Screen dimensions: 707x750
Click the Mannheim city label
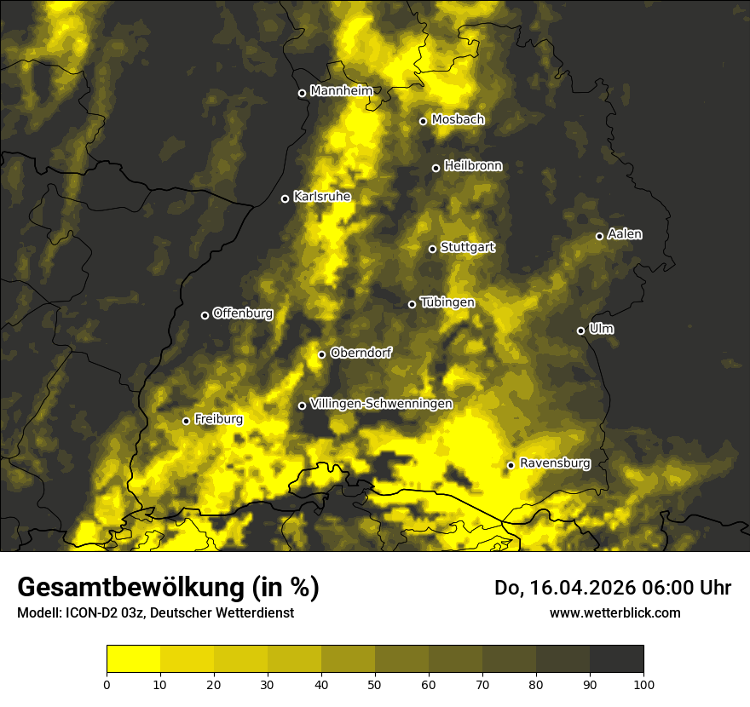pos(342,91)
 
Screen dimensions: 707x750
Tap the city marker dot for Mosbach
pos(423,121)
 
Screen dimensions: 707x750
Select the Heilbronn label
pos(473,166)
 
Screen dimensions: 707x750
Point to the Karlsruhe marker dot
pos(285,198)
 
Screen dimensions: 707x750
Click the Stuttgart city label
pos(467,248)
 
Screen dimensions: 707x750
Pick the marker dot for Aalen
pos(599,236)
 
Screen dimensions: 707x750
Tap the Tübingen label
pos(447,302)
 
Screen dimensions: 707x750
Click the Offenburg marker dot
pos(205,315)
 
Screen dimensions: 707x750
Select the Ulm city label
pos(601,329)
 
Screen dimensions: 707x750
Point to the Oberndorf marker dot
pos(321,354)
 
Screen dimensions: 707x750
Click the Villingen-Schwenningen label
pos(381,404)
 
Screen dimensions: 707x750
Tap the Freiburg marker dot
pos(186,421)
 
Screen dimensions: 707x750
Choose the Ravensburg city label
pos(555,463)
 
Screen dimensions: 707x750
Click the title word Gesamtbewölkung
pos(130,588)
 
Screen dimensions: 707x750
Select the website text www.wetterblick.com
pos(614,612)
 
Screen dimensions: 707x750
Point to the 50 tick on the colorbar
pos(375,683)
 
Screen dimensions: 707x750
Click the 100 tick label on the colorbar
pos(643,683)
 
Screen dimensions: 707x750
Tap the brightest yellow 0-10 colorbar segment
pos(133,658)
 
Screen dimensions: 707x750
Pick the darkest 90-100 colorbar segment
pos(616,658)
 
